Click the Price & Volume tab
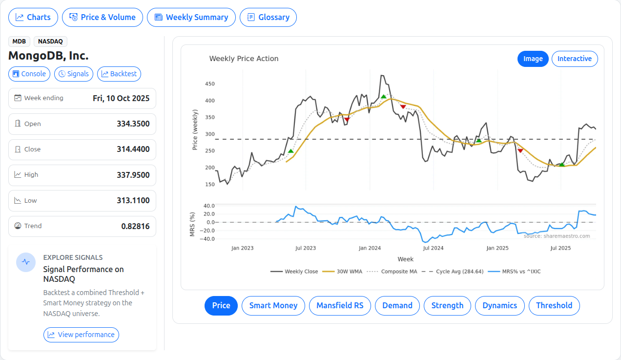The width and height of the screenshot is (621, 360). (x=103, y=17)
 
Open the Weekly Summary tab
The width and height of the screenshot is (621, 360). (x=191, y=17)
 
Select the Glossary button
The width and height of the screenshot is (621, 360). (x=268, y=17)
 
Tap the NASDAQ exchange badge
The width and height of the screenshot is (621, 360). (x=50, y=42)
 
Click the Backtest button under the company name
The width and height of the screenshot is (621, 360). (x=119, y=74)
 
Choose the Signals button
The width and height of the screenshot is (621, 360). (x=73, y=74)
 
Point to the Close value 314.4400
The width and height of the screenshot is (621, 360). (x=133, y=149)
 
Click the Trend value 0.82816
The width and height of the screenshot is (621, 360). (x=135, y=226)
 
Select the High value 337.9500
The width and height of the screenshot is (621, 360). (x=133, y=175)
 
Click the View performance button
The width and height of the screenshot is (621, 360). (x=81, y=335)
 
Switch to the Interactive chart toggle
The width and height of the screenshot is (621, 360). (x=574, y=59)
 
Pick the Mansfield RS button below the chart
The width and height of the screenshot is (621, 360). (x=340, y=305)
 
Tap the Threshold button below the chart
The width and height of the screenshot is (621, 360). (x=554, y=305)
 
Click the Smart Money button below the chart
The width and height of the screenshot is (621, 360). (x=273, y=305)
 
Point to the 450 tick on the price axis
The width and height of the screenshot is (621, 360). (x=210, y=84)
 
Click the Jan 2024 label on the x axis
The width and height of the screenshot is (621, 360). (x=370, y=248)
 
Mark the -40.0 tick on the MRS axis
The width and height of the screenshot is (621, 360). (x=208, y=239)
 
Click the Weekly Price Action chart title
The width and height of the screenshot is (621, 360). (x=244, y=59)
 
